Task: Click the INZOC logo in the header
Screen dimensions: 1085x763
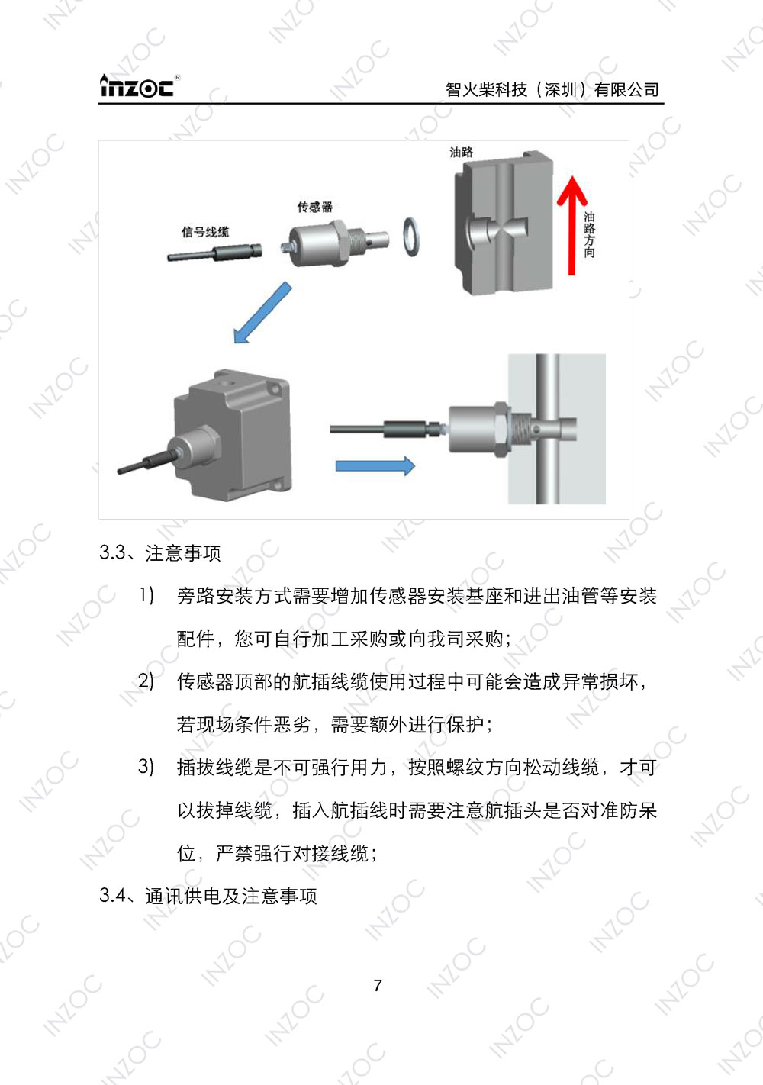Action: tap(137, 86)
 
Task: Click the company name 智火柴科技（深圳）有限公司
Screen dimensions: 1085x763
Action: tap(552, 90)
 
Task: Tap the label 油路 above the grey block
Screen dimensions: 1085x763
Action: tap(461, 152)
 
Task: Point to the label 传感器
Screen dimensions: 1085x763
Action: tap(314, 207)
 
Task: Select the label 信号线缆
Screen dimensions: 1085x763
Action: tap(204, 232)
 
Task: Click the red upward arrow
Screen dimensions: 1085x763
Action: tap(571, 224)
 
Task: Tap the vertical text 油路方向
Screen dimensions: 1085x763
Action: tap(589, 235)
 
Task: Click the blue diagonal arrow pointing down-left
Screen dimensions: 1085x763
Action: tap(262, 312)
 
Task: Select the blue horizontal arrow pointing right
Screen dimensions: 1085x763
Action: tap(375, 465)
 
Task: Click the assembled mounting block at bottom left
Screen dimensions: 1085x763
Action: tap(229, 435)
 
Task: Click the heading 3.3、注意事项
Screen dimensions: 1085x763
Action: tap(160, 552)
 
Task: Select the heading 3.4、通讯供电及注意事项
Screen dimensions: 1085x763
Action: tap(208, 896)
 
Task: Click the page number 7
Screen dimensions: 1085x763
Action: tap(378, 986)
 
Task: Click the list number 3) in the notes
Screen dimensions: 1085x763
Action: tap(146, 766)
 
